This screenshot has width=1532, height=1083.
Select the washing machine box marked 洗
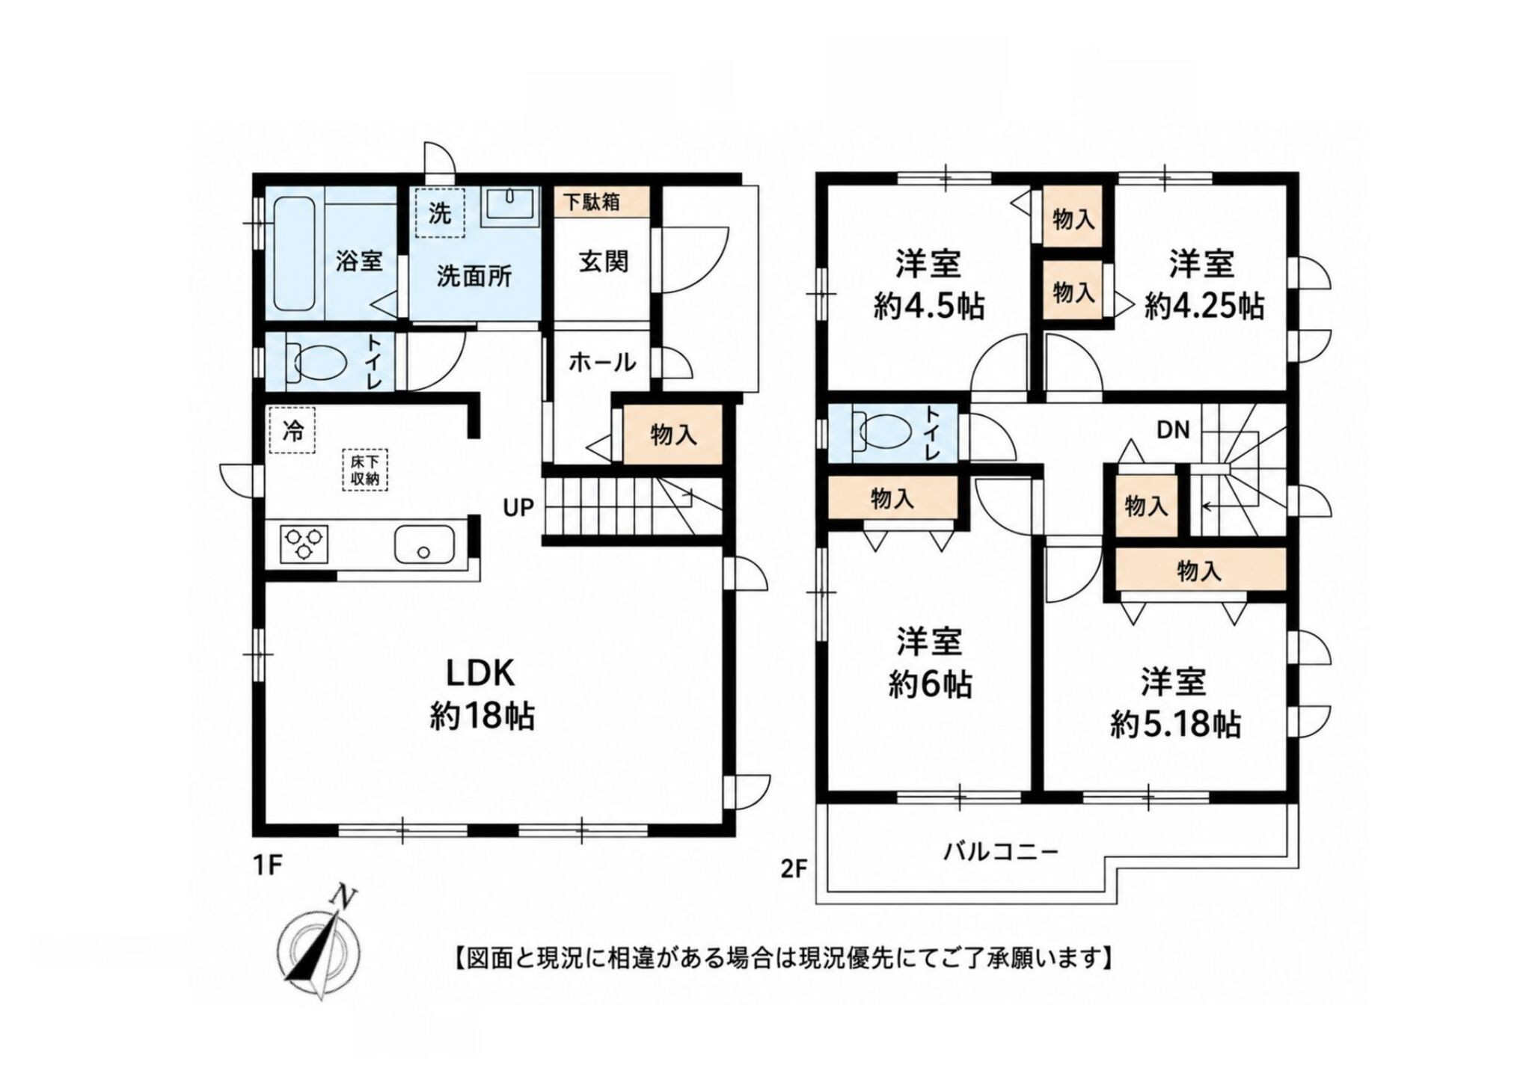pyautogui.click(x=440, y=212)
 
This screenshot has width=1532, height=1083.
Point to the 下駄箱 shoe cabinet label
pyautogui.click(x=591, y=201)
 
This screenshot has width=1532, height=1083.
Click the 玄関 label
pyautogui.click(x=603, y=262)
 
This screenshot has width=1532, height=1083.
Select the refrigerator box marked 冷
pyautogui.click(x=292, y=430)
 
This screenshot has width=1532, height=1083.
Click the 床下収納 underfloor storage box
pyautogui.click(x=365, y=470)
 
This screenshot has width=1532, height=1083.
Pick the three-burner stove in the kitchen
pyautogui.click(x=304, y=544)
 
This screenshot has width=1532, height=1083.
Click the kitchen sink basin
pyautogui.click(x=423, y=544)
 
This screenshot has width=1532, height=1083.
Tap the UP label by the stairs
pyautogui.click(x=518, y=508)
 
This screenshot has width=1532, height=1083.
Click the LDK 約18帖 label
pyautogui.click(x=481, y=696)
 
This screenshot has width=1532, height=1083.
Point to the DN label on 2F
pyautogui.click(x=1173, y=431)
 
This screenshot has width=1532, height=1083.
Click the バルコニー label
pyautogui.click(x=1000, y=852)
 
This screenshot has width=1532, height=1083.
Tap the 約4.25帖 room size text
pyautogui.click(x=1204, y=306)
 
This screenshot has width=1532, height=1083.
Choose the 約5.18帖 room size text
pyautogui.click(x=1176, y=724)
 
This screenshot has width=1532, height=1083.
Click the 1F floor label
pyautogui.click(x=266, y=865)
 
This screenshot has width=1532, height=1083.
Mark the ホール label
pyautogui.click(x=602, y=363)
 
